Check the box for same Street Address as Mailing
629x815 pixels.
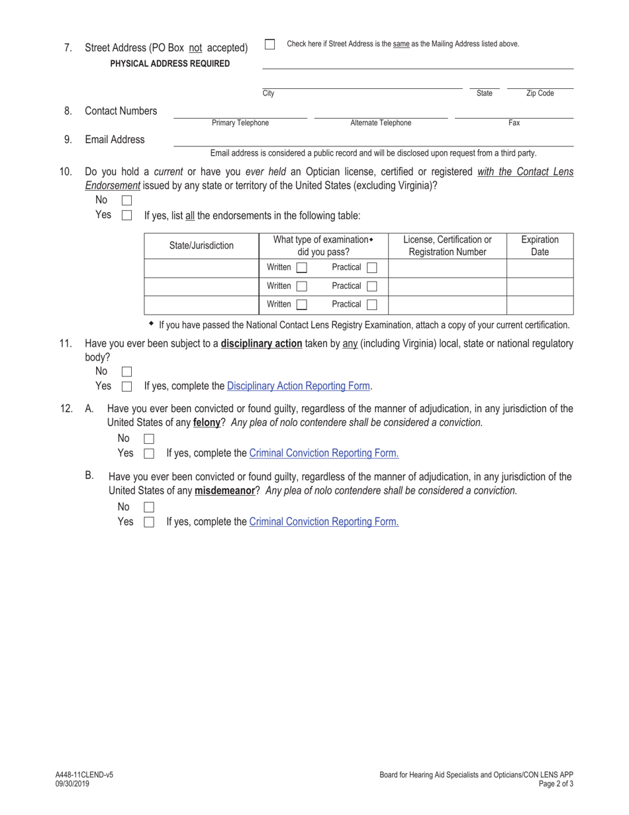coord(269,44)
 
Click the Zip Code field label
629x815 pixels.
coord(540,93)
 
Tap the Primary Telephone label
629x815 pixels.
coord(240,123)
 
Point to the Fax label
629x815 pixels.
coord(514,123)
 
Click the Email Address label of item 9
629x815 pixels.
coord(115,140)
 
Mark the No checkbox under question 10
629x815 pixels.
coord(127,200)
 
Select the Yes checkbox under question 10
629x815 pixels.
coord(127,215)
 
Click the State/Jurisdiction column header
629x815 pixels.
coord(201,246)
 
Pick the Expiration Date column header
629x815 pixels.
coord(540,246)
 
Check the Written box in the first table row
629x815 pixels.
coord(302,268)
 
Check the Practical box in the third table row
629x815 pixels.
coord(371,305)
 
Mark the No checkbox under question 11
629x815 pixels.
coord(127,372)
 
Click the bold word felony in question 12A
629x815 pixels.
coord(206,422)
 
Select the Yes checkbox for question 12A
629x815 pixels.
coord(149,454)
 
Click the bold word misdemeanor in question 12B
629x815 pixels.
coord(224,491)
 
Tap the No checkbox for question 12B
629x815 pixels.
coord(149,507)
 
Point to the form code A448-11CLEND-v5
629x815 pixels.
coord(84,775)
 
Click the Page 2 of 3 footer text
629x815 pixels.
coord(556,784)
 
